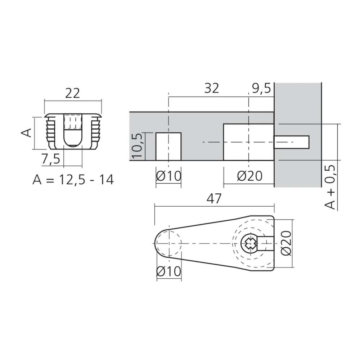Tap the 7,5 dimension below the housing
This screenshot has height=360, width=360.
[x=50, y=159]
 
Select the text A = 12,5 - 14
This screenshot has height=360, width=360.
[x=73, y=179]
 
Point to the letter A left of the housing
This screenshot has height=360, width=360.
[x=26, y=133]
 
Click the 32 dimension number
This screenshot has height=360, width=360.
[x=211, y=88]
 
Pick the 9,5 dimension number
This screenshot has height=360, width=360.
[x=261, y=88]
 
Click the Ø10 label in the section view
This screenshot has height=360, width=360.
[x=168, y=176]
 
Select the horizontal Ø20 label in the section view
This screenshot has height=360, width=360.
[x=249, y=176]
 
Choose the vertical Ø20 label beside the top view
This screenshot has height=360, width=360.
[x=287, y=243]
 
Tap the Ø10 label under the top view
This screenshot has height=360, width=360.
[x=168, y=271]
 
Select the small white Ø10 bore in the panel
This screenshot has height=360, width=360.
[x=168, y=146]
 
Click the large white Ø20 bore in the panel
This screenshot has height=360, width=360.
[x=248, y=142]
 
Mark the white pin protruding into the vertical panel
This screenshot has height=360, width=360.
[x=292, y=142]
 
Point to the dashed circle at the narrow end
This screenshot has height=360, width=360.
[x=168, y=244]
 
